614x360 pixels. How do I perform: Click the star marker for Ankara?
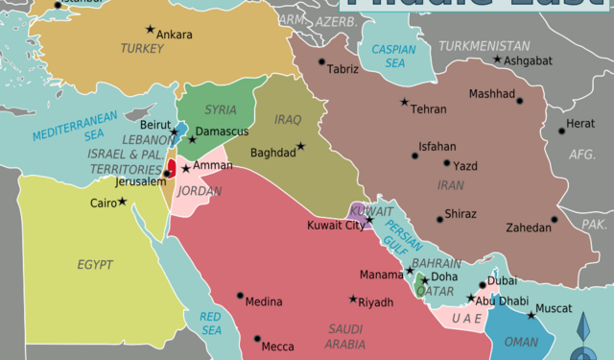[x=148, y=29]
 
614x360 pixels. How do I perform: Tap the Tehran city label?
[x=428, y=109]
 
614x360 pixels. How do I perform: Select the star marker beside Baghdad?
[x=300, y=146]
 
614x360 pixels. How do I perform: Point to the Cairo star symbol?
[x=123, y=201]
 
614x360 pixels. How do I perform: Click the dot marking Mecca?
[x=258, y=338]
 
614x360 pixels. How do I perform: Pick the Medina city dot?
[x=240, y=295]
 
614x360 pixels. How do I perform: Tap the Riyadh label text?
[x=375, y=302]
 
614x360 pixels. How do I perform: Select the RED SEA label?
[x=210, y=324]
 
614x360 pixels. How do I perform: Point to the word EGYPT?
[x=95, y=264]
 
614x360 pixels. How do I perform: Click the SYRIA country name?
[x=220, y=109]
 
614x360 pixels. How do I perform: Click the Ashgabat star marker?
[x=497, y=60]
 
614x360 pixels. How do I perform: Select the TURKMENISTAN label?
[x=484, y=45]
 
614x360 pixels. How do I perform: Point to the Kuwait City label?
[x=335, y=226]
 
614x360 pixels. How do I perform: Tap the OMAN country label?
[x=521, y=342]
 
